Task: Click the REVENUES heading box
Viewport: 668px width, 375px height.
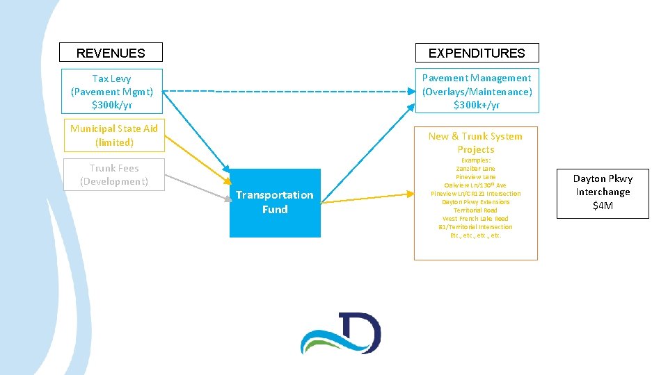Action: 111,53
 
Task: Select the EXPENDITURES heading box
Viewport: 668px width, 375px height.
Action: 477,53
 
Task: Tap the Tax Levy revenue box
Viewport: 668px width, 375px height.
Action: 111,91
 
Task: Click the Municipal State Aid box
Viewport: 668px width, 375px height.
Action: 113,135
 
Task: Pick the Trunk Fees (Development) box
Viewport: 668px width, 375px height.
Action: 113,174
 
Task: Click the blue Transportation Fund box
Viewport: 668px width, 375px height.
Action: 275,203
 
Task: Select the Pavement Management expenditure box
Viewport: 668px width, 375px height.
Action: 477,91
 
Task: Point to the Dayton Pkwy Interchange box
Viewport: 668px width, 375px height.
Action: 603,191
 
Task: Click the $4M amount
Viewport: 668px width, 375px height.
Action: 603,206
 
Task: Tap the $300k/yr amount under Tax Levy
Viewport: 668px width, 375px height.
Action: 111,105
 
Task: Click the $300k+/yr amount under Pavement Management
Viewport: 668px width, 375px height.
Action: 477,105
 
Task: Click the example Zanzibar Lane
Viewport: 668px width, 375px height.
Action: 476,169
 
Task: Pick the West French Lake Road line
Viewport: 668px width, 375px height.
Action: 476,219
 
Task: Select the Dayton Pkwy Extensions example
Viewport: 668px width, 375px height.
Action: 476,202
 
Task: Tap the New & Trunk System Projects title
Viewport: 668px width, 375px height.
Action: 476,142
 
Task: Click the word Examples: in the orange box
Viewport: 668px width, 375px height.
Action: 476,160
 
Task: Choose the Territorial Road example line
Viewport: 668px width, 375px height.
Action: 476,210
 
